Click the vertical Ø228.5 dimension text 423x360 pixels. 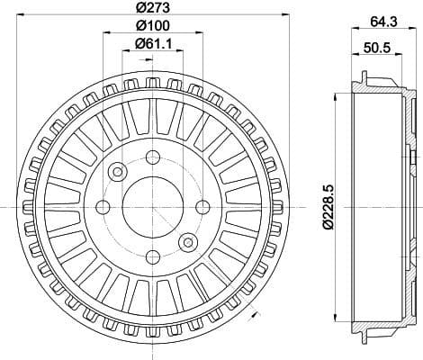(x=329, y=207)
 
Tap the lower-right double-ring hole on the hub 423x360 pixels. (x=187, y=242)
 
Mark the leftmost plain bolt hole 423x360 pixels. (x=104, y=208)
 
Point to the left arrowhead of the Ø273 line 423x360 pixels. (x=20, y=17)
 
